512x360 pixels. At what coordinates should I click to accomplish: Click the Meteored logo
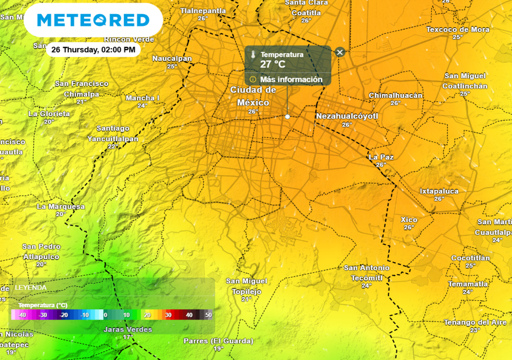pyautogui.click(x=93, y=20)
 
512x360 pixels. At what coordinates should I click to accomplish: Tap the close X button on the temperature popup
pyautogui.click(x=340, y=52)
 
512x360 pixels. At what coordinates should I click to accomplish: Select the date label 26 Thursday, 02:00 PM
pyautogui.click(x=93, y=50)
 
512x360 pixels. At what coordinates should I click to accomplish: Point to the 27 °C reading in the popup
pyautogui.click(x=272, y=64)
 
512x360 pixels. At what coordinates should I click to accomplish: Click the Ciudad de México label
pyautogui.click(x=253, y=96)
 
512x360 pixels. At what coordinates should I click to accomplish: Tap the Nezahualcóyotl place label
pyautogui.click(x=347, y=116)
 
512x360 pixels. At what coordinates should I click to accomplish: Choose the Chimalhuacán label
pyautogui.click(x=395, y=95)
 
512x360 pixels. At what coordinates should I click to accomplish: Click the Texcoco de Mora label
pyautogui.click(x=457, y=29)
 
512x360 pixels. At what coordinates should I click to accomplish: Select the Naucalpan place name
pyautogui.click(x=172, y=58)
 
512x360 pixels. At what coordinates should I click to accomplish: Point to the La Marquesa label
pyautogui.click(x=60, y=206)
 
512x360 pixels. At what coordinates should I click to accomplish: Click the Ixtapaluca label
pyautogui.click(x=439, y=191)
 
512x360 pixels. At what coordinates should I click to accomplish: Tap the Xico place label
pyautogui.click(x=409, y=219)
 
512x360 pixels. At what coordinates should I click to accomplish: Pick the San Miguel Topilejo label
pyautogui.click(x=246, y=286)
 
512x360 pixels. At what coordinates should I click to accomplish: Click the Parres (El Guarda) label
pyautogui.click(x=218, y=341)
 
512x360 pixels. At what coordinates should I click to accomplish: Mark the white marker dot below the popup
pyautogui.click(x=287, y=116)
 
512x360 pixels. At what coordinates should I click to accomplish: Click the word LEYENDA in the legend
pyautogui.click(x=30, y=287)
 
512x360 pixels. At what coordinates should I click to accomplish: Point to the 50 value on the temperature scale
pyautogui.click(x=208, y=315)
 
